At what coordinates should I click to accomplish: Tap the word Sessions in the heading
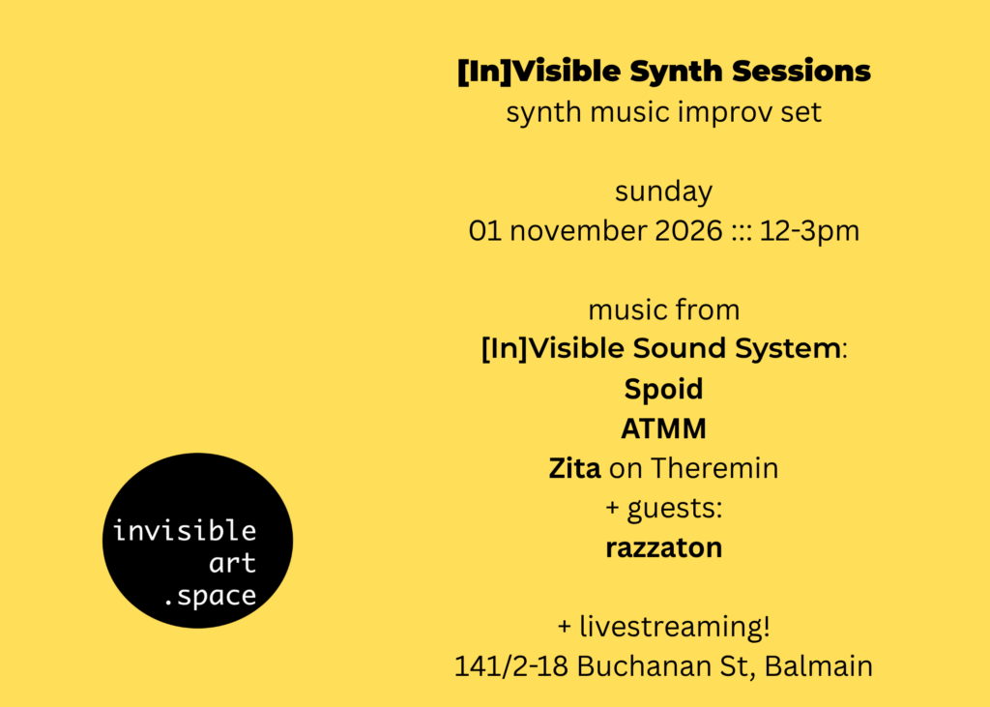pyautogui.click(x=801, y=71)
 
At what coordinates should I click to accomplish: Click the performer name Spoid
pyautogui.click(x=663, y=390)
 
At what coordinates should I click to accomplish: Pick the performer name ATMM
pyautogui.click(x=663, y=429)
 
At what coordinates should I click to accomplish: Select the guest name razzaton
pyautogui.click(x=663, y=547)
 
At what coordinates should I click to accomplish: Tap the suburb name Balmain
pyautogui.click(x=818, y=666)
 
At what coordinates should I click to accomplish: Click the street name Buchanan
pyautogui.click(x=643, y=666)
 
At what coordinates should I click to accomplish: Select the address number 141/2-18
pyautogui.click(x=510, y=666)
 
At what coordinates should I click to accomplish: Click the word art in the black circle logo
pyautogui.click(x=232, y=563)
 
